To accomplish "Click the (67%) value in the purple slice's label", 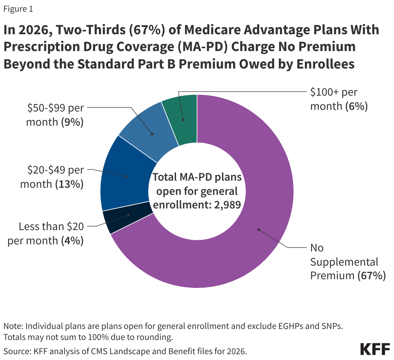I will [371, 276].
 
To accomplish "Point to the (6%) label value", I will [357, 106].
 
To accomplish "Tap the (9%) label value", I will [72, 122].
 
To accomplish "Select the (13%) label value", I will [69, 184].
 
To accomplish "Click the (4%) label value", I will [72, 241].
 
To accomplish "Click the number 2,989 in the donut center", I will [227, 205].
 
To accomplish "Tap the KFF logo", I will [375, 349].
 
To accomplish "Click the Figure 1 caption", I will [18, 9].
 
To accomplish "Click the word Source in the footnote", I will [15, 351].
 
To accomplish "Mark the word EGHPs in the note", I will [290, 326].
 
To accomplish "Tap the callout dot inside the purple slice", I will [258, 230].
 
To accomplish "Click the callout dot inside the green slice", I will [183, 120].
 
